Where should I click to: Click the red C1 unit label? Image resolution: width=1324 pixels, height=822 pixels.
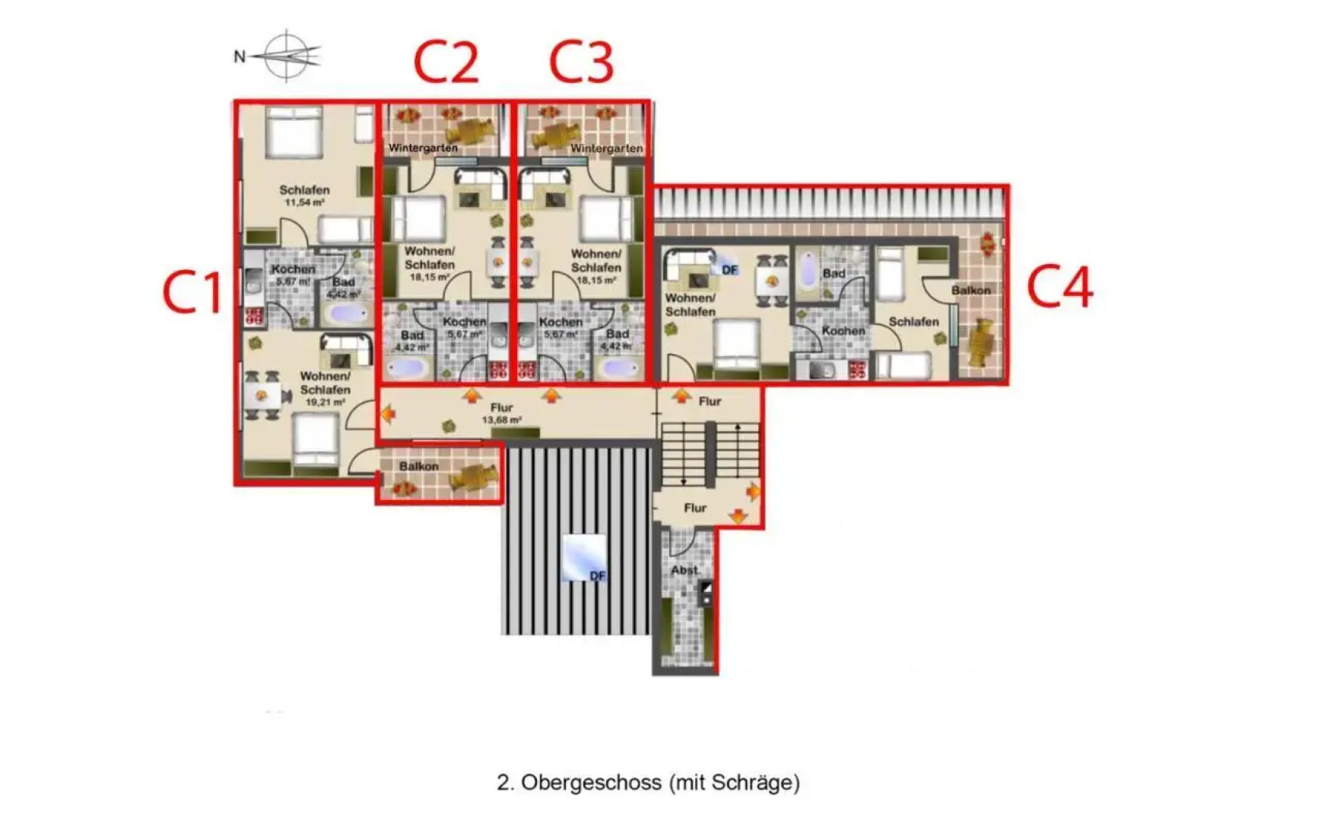[x=192, y=292]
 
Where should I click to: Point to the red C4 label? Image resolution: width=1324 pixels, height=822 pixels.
[x=1059, y=286]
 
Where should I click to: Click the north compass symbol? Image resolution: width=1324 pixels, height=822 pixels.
[x=285, y=56]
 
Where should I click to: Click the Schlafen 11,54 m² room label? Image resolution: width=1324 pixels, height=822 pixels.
[x=304, y=196]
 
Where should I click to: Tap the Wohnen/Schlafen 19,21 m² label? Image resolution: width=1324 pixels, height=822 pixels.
[x=325, y=388]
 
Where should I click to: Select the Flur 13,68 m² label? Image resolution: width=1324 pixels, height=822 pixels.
[x=501, y=413]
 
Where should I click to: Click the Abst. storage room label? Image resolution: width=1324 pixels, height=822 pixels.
[x=684, y=570]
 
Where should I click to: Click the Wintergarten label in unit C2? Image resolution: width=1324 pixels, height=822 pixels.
[x=423, y=148]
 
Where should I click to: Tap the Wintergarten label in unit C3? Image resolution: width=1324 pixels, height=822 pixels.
[x=606, y=148]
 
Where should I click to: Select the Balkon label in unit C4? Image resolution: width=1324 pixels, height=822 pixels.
[x=970, y=290]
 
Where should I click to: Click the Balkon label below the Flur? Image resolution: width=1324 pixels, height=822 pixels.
[x=418, y=466]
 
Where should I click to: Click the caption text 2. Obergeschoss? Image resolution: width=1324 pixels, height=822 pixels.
[x=648, y=782]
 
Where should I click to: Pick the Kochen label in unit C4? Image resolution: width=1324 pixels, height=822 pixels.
[x=843, y=331]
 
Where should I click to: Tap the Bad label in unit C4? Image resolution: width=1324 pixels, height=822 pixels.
[x=833, y=272]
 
